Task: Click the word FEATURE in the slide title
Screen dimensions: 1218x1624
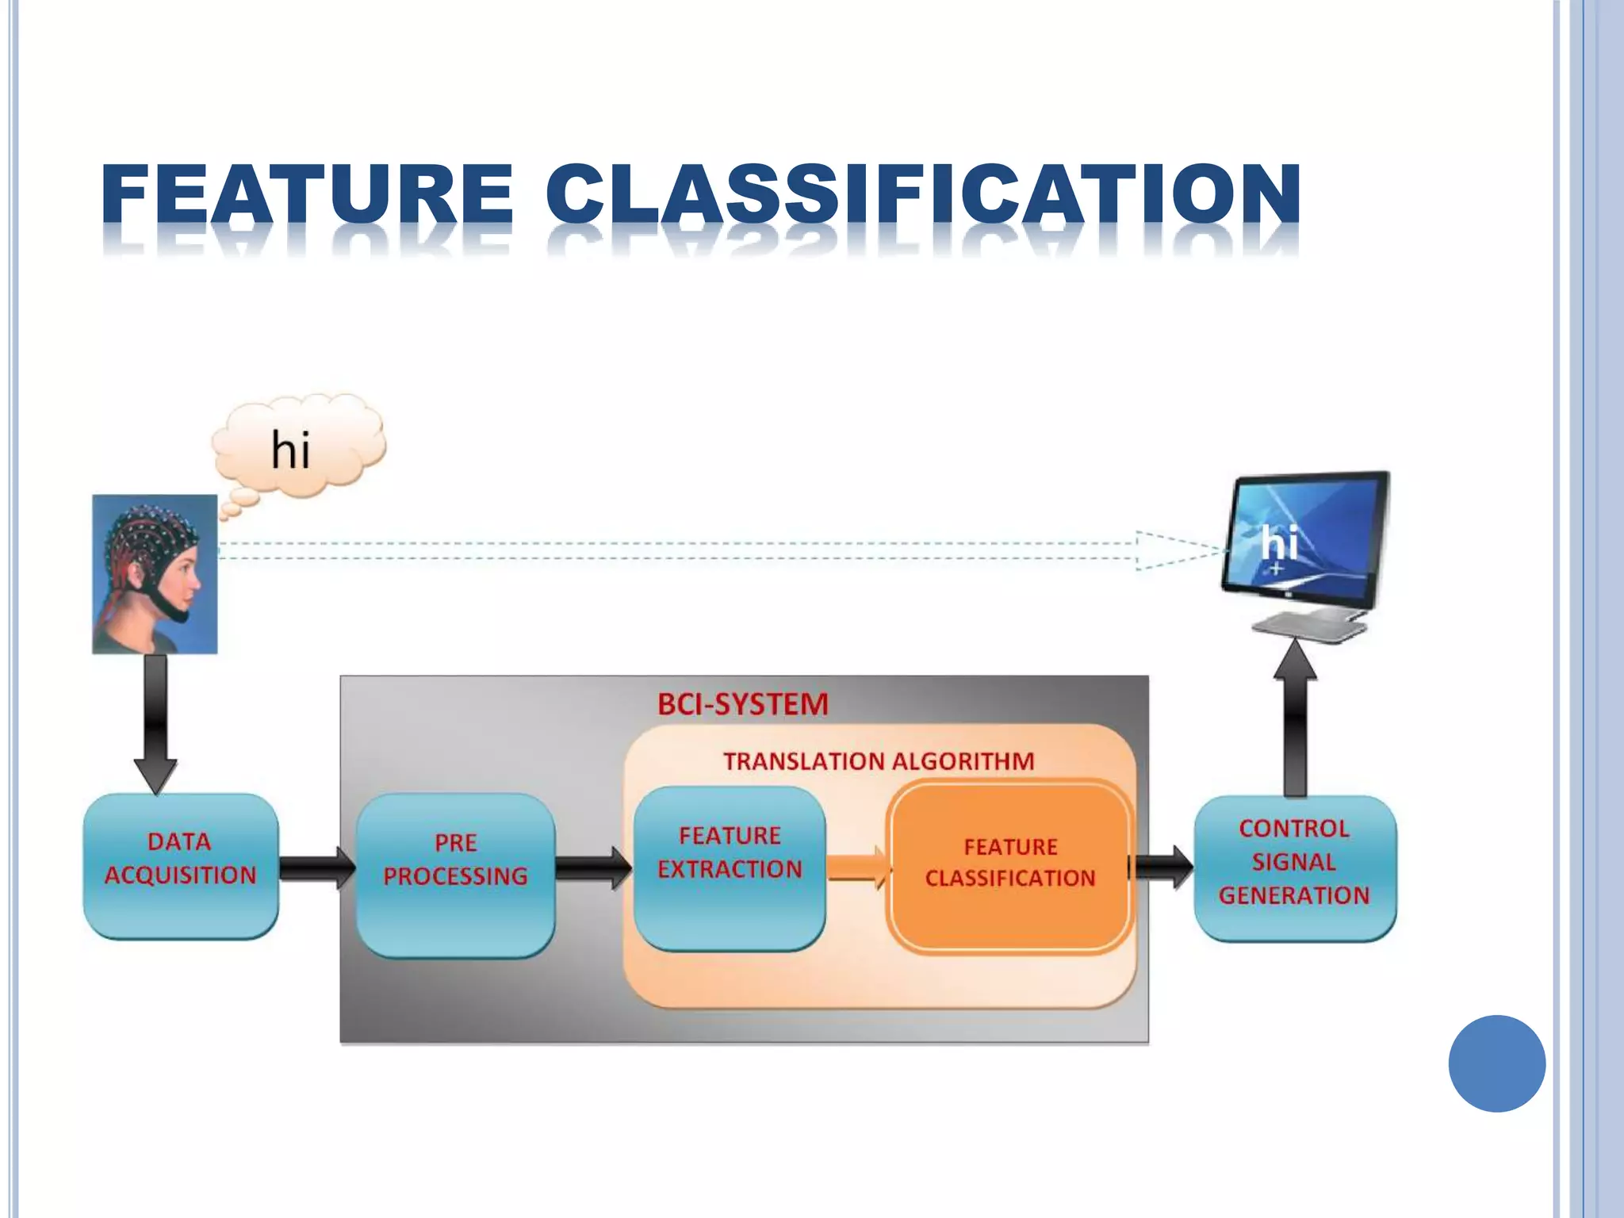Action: [308, 194]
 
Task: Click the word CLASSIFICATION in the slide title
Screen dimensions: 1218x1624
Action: [923, 194]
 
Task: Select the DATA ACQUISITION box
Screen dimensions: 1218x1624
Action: [181, 866]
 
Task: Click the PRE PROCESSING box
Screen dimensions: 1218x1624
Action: [455, 874]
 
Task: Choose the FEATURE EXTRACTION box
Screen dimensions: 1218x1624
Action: [730, 868]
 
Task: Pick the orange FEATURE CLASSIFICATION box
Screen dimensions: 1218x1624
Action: [1009, 866]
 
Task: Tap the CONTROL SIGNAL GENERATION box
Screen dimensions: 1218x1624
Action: [1294, 868]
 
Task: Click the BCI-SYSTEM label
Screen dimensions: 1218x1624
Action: [743, 704]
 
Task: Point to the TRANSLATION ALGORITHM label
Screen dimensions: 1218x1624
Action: [879, 761]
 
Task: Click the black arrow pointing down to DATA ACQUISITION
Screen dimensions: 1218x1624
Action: [155, 722]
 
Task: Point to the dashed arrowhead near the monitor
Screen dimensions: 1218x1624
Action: [1174, 550]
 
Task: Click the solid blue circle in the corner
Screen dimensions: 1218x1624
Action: [1496, 1063]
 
